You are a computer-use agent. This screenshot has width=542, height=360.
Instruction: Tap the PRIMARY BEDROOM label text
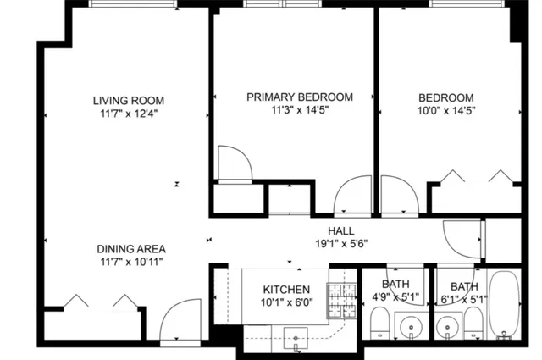click(299, 97)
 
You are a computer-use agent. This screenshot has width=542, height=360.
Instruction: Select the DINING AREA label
click(130, 249)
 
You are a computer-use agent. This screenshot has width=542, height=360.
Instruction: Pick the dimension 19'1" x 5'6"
click(340, 244)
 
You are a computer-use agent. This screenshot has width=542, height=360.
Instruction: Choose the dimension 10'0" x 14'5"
click(445, 110)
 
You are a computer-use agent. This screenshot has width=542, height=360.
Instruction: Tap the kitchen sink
click(296, 343)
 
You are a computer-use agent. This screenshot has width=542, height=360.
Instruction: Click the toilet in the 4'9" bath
click(380, 324)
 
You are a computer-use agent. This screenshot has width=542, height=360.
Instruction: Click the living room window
click(133, 3)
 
